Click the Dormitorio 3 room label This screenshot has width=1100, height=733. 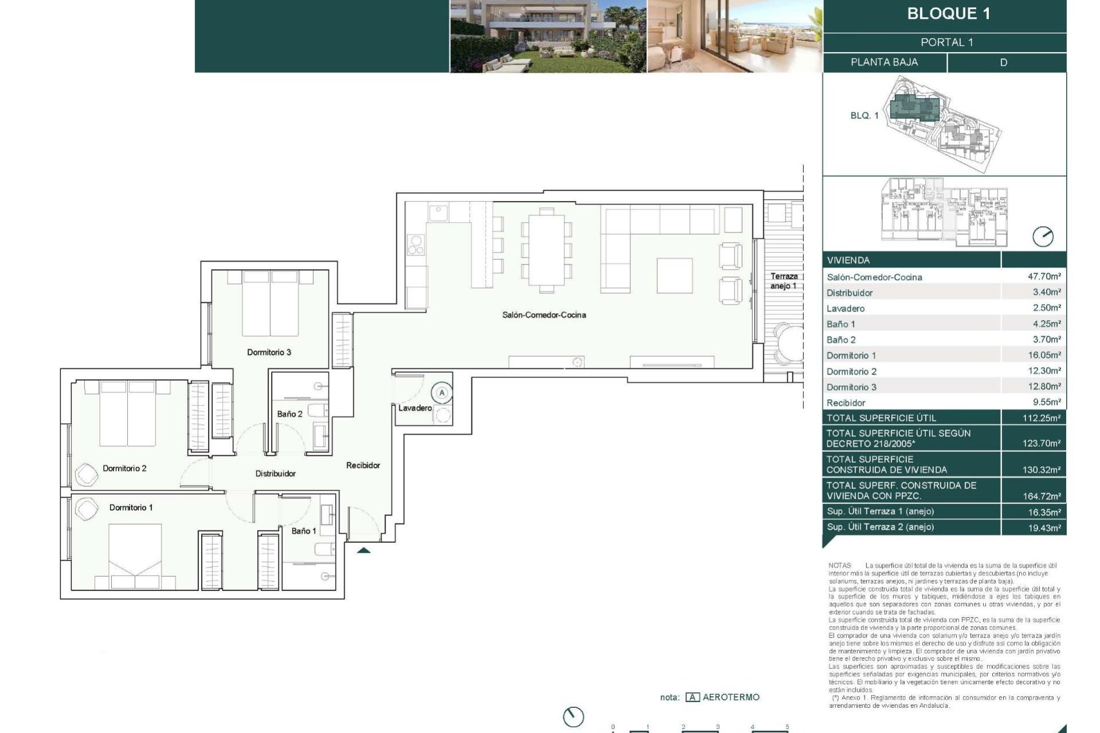click(x=269, y=352)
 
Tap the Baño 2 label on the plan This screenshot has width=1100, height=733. click(x=289, y=414)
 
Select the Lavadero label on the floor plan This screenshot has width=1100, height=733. click(x=415, y=408)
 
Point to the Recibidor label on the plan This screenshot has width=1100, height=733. click(x=363, y=466)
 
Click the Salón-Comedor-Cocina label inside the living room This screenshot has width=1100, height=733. click(x=544, y=315)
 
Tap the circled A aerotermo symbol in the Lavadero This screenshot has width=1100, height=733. click(x=442, y=393)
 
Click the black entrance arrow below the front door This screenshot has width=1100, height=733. click(x=364, y=551)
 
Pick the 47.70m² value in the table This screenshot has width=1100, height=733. click(x=1044, y=277)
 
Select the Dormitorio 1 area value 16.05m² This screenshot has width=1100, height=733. click(x=1044, y=355)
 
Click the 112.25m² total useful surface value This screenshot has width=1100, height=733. click(x=1041, y=418)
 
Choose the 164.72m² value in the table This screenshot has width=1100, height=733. click(x=1041, y=496)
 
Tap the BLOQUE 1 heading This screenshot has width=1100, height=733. click(x=948, y=14)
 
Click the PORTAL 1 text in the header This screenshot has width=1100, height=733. click(x=946, y=42)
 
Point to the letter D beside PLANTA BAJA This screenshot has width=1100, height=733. click(x=1003, y=62)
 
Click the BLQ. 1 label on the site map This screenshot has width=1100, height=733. click(x=864, y=116)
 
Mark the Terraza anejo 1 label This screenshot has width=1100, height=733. click(x=783, y=281)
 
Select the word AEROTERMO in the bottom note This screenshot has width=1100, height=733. click(x=730, y=697)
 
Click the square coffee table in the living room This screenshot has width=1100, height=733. click(x=674, y=275)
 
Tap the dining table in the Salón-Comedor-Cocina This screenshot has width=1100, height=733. click(x=547, y=249)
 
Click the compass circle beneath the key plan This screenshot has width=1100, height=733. click(x=1043, y=237)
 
